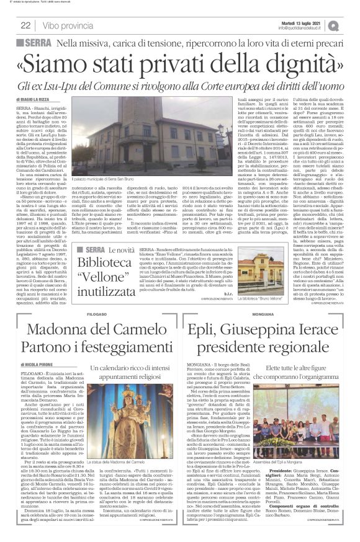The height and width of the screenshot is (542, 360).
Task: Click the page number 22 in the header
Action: point(26,25)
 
